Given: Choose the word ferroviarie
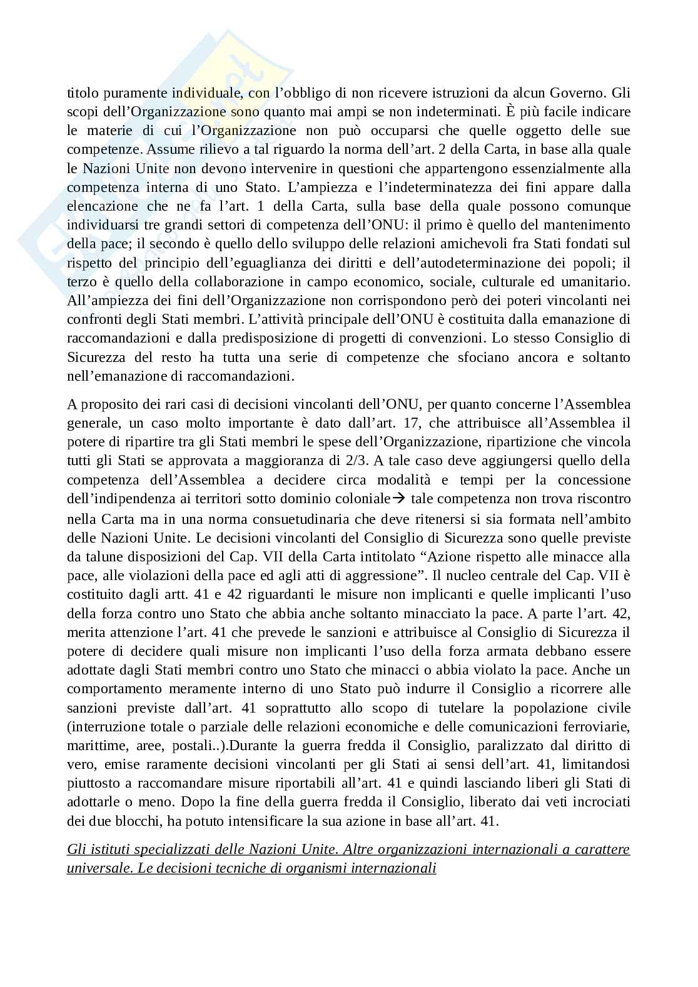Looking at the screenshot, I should (591, 726).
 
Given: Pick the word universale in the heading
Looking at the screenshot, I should (97, 868).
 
